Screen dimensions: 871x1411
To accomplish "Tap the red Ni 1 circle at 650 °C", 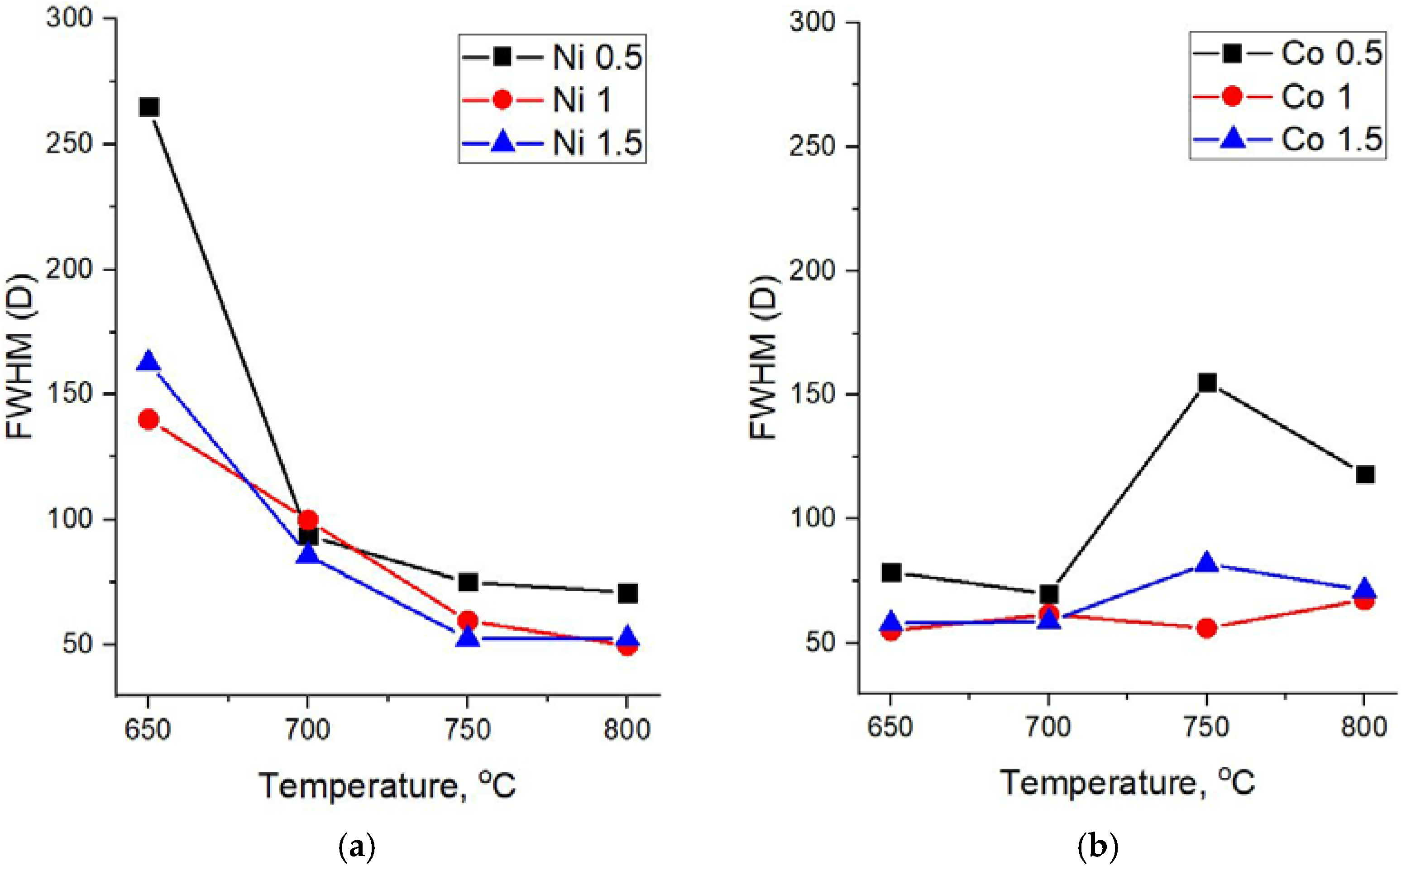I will pos(148,419).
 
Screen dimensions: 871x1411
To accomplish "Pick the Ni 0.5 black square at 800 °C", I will pos(628,593).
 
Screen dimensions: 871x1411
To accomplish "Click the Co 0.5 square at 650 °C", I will pos(891,573).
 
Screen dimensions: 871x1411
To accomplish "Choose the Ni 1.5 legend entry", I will pos(597,142).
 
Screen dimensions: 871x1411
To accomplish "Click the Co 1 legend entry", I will pos(1316,96).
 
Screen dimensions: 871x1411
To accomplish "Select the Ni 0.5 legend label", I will pos(597,57).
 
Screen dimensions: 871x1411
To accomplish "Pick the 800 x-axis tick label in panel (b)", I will pos(1364,727).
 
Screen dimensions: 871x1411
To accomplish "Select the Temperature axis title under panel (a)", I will pos(387,786).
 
